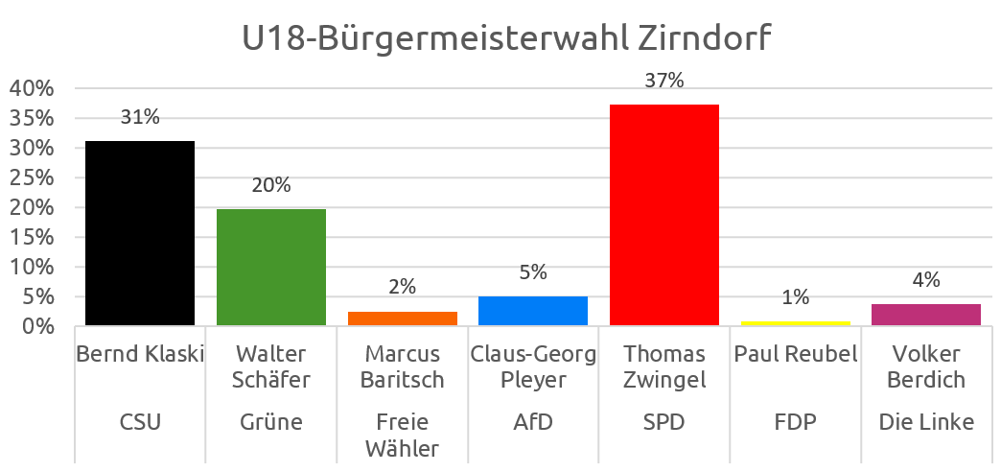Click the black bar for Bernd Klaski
point(140,233)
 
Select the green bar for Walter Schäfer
point(271,268)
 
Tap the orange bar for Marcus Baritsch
point(402,319)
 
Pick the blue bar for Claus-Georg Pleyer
point(533,311)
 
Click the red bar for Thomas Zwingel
point(664,215)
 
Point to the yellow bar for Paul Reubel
point(796,323)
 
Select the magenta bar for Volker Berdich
point(926,315)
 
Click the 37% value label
point(664,81)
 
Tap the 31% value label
point(140,117)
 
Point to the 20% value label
point(271,185)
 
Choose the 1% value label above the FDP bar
point(796,297)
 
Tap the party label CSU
point(140,422)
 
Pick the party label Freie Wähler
point(402,435)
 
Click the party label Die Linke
point(926,422)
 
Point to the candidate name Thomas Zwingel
point(664,367)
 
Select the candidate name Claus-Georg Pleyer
point(533,367)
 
